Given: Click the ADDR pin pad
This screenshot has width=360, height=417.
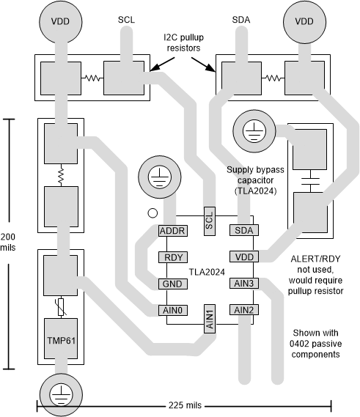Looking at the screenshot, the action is [x=173, y=231].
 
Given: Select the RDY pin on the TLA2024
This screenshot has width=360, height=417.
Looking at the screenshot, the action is [x=173, y=257].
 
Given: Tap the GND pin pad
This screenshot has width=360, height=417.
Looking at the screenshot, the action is [x=173, y=284].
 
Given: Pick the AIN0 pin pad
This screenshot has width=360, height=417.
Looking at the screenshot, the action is [x=173, y=310].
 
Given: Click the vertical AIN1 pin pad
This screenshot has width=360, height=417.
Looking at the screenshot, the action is [x=210, y=319].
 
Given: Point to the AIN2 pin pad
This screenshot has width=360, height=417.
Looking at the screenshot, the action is [x=244, y=310].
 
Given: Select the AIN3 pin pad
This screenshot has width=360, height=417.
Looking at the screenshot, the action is [x=244, y=283].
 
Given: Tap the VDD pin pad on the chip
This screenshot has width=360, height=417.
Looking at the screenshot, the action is [x=244, y=257].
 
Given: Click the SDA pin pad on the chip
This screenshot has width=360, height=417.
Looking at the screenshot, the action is [x=244, y=230].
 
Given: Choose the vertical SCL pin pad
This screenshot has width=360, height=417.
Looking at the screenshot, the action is [x=210, y=221].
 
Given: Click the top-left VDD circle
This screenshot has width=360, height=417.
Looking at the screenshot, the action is [x=61, y=21].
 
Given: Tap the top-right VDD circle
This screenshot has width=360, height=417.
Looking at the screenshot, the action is [x=304, y=21].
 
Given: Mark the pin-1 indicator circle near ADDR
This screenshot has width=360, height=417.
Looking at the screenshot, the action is [x=153, y=213].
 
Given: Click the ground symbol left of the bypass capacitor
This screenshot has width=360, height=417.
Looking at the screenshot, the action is [x=254, y=131].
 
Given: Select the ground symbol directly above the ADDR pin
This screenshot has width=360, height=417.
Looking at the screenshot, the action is [x=160, y=177].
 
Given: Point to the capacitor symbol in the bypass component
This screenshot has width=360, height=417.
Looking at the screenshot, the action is [x=310, y=181].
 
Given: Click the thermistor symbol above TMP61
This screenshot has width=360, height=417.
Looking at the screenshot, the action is [x=61, y=307].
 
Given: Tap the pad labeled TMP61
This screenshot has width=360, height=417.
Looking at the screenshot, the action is [x=61, y=339].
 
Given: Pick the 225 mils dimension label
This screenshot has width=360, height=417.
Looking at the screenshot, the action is [x=185, y=405].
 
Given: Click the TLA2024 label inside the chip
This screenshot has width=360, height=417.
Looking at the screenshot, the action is [x=207, y=272].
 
